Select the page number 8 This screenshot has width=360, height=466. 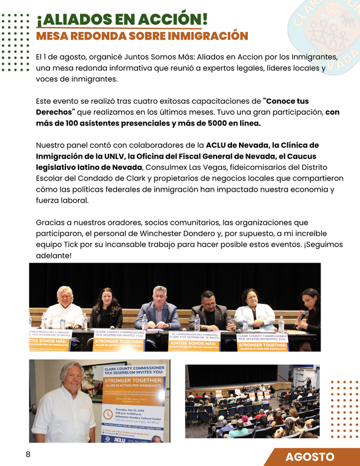point(28,454)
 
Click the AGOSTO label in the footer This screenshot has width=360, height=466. point(310,457)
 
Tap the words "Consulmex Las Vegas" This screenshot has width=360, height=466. point(187,168)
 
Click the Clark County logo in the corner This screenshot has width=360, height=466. point(325,27)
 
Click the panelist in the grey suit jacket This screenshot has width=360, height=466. point(158,307)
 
